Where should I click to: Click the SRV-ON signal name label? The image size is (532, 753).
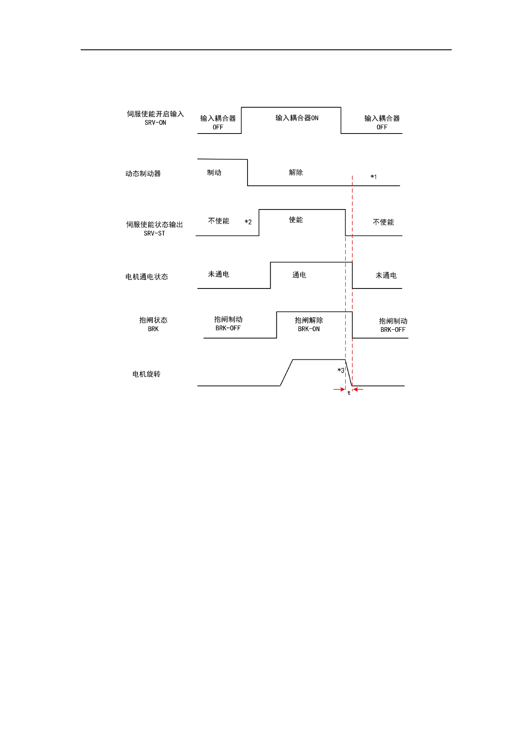click(155, 123)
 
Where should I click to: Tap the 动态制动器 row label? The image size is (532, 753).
click(143, 173)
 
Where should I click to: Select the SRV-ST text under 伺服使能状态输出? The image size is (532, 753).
click(154, 234)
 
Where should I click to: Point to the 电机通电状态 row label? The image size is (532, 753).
click(147, 277)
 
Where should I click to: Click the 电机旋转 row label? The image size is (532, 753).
click(146, 374)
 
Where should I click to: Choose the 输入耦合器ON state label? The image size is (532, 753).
click(297, 118)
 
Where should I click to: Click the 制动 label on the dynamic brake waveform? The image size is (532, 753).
click(214, 173)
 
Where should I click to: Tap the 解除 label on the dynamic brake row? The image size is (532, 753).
click(296, 173)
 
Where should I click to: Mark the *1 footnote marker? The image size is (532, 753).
click(374, 177)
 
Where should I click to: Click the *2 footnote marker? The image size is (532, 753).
click(248, 222)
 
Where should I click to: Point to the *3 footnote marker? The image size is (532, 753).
click(341, 370)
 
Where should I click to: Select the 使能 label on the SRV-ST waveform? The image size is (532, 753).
click(296, 220)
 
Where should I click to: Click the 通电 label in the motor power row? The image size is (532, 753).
click(299, 275)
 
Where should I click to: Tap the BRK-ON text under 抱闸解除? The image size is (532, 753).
click(309, 329)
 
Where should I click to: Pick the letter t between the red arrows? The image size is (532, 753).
click(349, 393)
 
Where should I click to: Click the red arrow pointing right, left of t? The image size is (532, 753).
click(339, 389)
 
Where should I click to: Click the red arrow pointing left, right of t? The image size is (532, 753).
click(358, 389)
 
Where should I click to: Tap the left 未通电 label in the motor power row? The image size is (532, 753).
click(218, 274)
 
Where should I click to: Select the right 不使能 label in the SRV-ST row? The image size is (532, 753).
click(383, 222)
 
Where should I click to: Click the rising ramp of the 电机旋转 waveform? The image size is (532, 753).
click(287, 373)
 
